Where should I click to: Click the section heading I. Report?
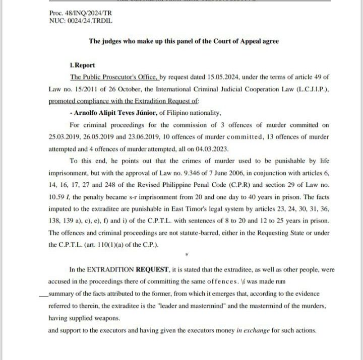(82, 65)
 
